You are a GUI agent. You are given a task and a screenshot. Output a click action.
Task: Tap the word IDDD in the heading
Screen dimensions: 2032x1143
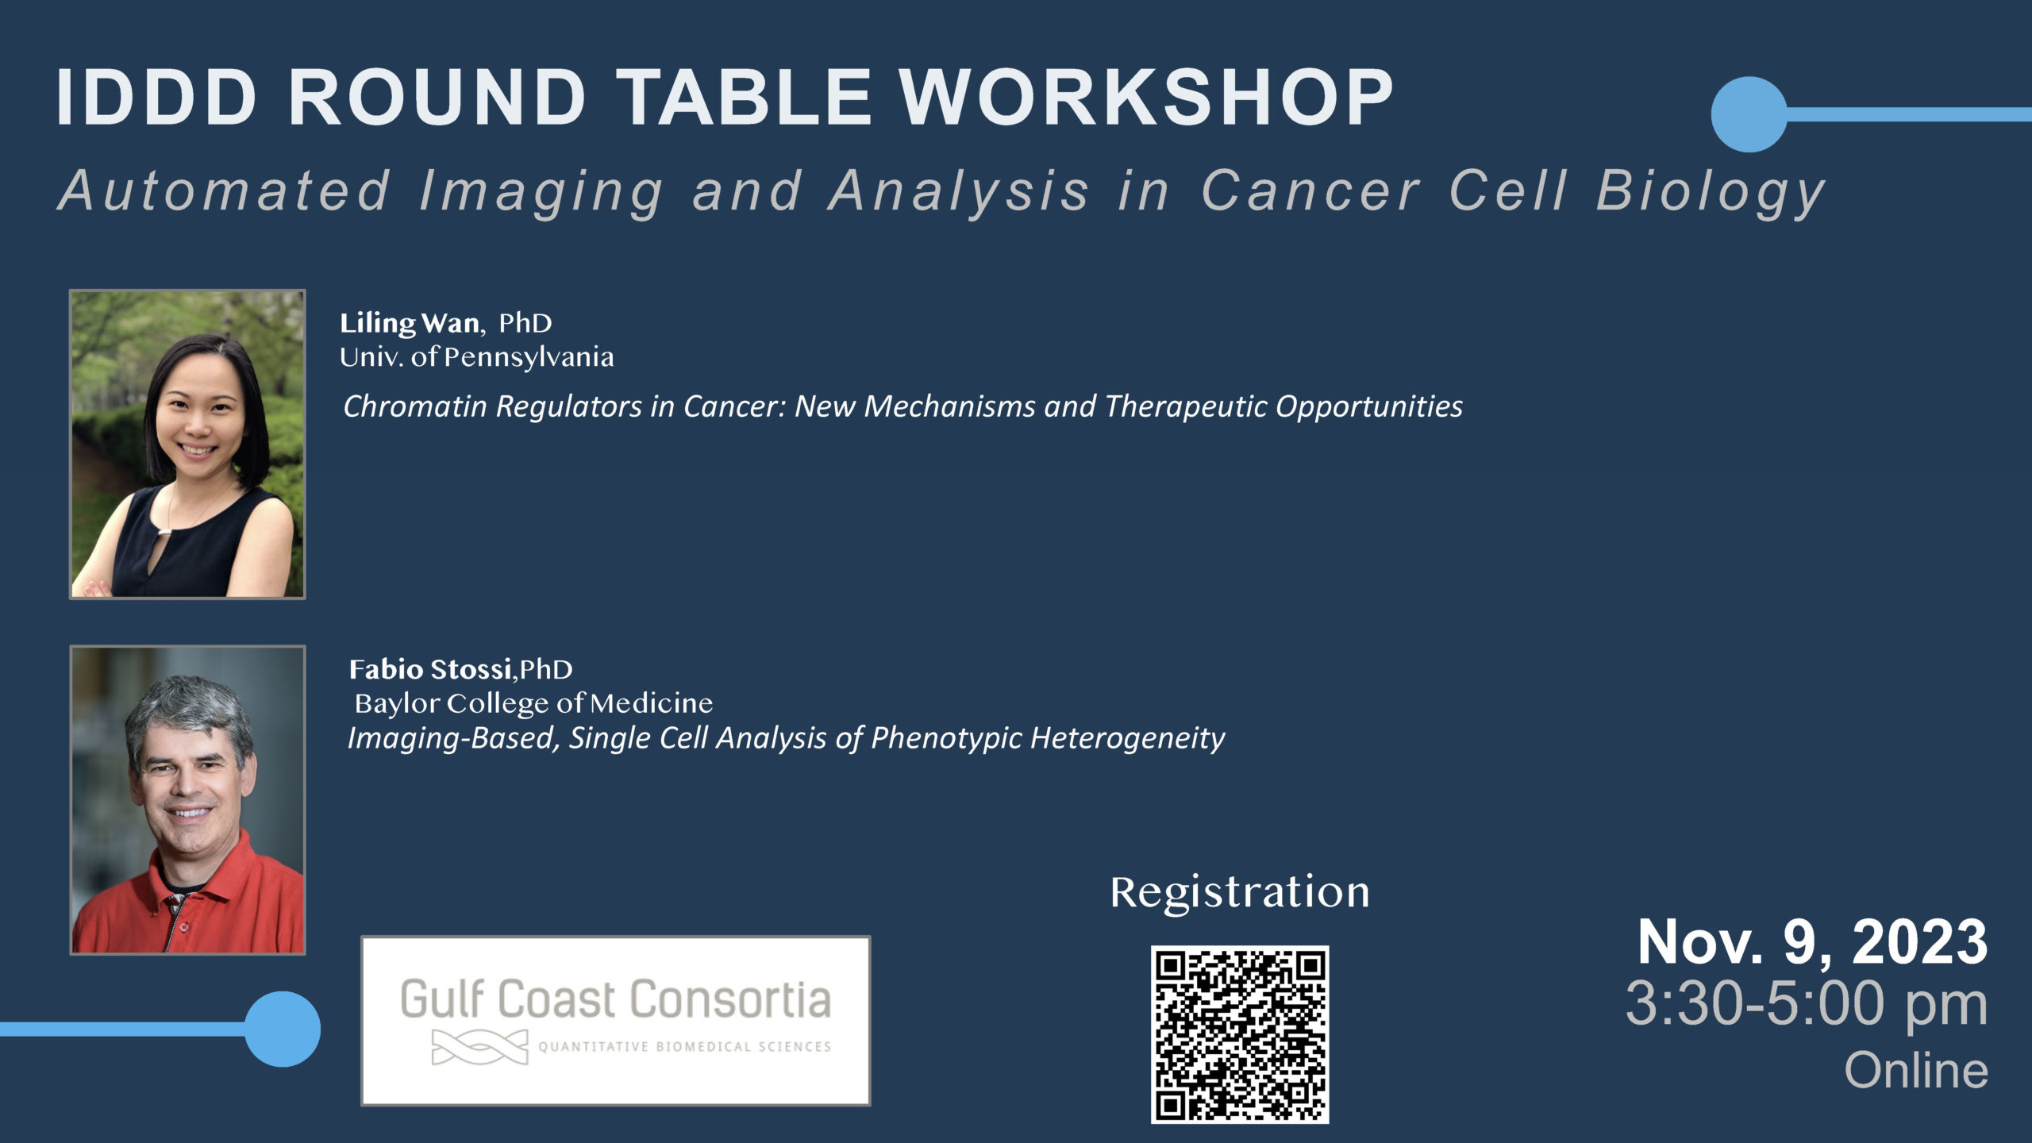point(157,97)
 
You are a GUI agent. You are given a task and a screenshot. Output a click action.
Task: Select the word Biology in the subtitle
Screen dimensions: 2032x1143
point(1711,193)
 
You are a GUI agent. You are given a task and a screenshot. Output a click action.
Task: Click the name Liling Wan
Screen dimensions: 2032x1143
point(410,324)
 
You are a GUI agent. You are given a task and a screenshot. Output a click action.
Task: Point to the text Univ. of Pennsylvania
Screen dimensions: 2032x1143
point(477,358)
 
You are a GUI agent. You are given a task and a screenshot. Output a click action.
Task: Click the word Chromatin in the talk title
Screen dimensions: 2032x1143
point(415,406)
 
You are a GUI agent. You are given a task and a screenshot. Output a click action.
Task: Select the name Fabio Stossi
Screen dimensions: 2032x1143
point(431,670)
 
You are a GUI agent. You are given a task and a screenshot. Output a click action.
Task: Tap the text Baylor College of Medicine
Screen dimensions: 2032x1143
point(533,704)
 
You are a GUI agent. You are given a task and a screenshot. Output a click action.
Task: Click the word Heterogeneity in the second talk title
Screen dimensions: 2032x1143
point(1127,739)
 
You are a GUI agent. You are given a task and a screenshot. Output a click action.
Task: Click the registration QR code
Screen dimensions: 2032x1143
point(1240,1034)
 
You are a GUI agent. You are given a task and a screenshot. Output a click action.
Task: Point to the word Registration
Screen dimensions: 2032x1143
point(1240,893)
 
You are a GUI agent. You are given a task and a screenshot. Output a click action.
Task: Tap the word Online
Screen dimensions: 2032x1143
point(1916,1071)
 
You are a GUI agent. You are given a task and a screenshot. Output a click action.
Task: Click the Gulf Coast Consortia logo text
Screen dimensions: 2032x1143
point(616,999)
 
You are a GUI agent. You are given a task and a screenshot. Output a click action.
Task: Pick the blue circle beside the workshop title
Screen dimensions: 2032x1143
point(1749,114)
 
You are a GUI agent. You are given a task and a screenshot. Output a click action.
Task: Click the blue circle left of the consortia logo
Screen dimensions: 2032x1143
point(283,1029)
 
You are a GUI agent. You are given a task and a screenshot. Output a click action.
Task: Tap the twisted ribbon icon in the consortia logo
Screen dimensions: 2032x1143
point(479,1047)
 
